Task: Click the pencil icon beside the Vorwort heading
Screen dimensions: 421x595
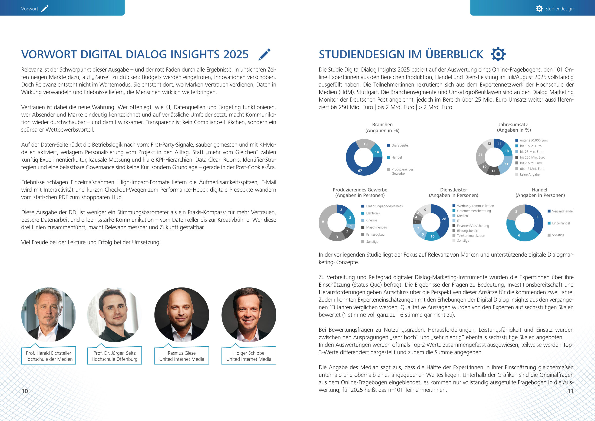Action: pyautogui.click(x=264, y=54)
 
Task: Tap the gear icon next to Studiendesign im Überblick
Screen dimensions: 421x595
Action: pyautogui.click(x=498, y=54)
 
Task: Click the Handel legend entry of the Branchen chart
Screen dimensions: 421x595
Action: pyautogui.click(x=396, y=157)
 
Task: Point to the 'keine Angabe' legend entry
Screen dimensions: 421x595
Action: pyautogui.click(x=529, y=174)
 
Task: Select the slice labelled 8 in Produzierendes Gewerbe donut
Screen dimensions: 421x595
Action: pyautogui.click(x=323, y=222)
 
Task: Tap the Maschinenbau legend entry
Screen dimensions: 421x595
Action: pyautogui.click(x=376, y=227)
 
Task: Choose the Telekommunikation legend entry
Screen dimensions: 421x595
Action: pyautogui.click(x=471, y=236)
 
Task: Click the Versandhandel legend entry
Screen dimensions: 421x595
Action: pyautogui.click(x=562, y=211)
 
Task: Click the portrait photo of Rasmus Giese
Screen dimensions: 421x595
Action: pyautogui.click(x=182, y=314)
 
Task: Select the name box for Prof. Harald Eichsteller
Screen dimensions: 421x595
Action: pyautogui.click(x=49, y=356)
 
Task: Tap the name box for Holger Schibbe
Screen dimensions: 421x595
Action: pyautogui.click(x=249, y=356)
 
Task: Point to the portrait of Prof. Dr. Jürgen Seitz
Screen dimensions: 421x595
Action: pyautogui.click(x=115, y=314)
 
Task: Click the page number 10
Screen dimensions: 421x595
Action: pyautogui.click(x=25, y=391)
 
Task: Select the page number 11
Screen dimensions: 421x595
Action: pyautogui.click(x=570, y=391)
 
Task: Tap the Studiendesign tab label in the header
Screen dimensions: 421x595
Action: pyautogui.click(x=559, y=9)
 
